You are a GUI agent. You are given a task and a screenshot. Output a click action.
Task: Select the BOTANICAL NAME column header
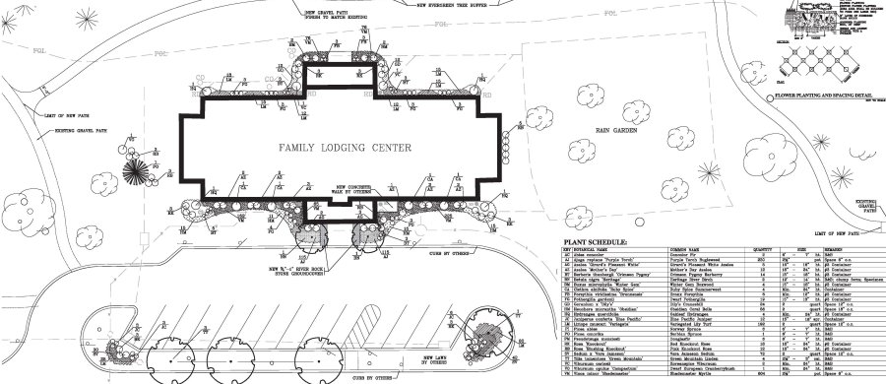(591, 250)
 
